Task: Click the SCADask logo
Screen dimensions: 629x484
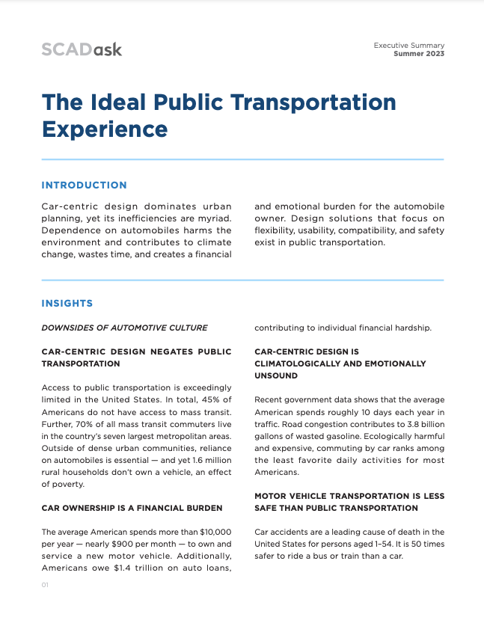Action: click(x=82, y=49)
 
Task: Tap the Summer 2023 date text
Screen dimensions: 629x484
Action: click(x=419, y=55)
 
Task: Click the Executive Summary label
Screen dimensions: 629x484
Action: click(x=409, y=46)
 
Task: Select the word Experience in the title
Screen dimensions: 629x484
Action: click(x=105, y=129)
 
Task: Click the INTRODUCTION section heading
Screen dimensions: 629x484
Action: click(x=84, y=185)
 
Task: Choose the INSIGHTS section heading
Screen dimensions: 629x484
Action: click(x=67, y=304)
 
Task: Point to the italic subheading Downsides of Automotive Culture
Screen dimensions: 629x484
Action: click(x=124, y=328)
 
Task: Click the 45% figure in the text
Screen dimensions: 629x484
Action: click(x=196, y=413)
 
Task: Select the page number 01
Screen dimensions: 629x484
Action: click(x=45, y=585)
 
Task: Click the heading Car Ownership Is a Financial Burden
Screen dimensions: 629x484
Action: click(x=132, y=508)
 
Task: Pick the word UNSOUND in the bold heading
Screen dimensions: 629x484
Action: click(x=276, y=375)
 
